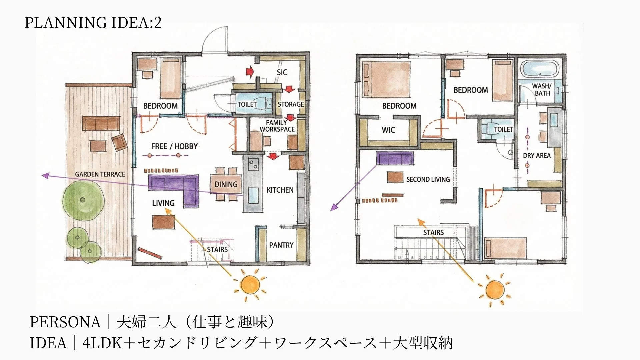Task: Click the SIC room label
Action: (282, 72)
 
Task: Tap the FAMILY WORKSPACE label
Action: (277, 126)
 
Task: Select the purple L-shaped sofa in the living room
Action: (173, 189)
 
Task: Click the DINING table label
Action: (226, 184)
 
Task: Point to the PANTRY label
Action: (281, 245)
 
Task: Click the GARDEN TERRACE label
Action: (100, 174)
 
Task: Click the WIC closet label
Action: (388, 130)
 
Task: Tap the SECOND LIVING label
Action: (428, 179)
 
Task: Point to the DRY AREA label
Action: (537, 155)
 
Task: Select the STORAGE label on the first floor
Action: (291, 104)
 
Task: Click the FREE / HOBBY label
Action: (174, 146)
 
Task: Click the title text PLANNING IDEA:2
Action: (93, 23)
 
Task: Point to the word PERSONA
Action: (65, 322)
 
